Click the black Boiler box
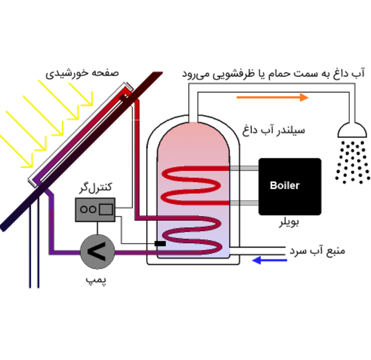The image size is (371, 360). point(290,187)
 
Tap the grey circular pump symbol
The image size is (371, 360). point(97,252)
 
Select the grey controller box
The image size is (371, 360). point(95,210)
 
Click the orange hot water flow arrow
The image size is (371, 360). point(272,97)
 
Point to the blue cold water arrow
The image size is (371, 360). point(270,260)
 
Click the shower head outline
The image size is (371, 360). point(352,130)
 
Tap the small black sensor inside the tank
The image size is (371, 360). point(160,244)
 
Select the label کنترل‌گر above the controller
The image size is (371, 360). point(95,187)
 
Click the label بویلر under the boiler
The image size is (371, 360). point(289,222)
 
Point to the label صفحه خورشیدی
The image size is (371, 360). point(82,73)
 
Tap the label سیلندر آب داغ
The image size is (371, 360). point(274,130)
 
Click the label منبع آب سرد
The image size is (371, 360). point(318,251)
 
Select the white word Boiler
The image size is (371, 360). point(285,186)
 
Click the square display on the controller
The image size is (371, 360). point(106,209)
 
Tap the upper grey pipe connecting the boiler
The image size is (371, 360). point(244,168)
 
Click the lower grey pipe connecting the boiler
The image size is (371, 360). point(244,203)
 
